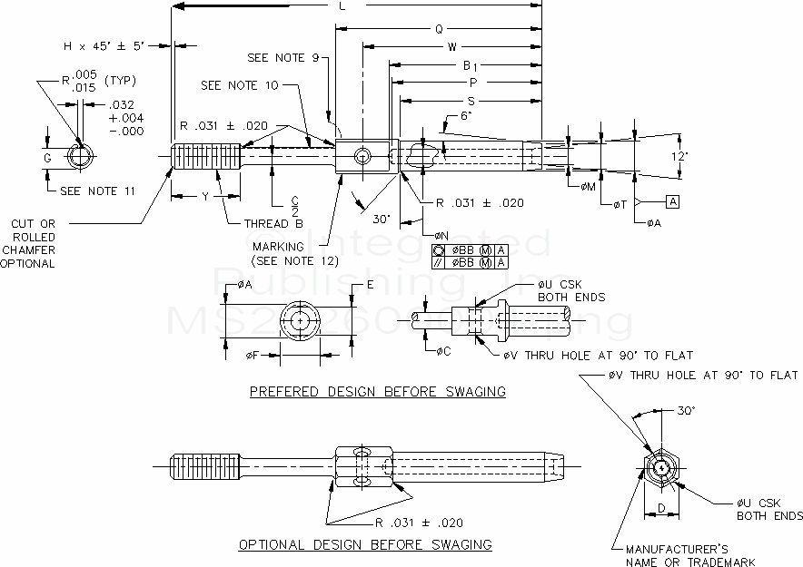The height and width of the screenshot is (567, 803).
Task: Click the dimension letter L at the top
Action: point(342,6)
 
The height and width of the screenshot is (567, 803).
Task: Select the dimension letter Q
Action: point(439,28)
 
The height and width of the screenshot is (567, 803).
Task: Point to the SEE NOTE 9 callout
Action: point(283,59)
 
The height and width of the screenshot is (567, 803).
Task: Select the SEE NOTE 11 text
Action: point(97,191)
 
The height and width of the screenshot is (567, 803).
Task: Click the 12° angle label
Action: point(680,156)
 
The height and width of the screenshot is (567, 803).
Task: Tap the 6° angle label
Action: point(466,116)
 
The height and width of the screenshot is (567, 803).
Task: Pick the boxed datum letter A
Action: point(672,200)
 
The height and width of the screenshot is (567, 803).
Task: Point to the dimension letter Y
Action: point(205,195)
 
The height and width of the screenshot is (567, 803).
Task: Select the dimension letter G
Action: point(48,156)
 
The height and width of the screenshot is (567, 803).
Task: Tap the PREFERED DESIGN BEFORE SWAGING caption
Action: point(378,392)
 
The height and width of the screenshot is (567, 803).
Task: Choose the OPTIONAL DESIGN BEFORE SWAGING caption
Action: point(365,545)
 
